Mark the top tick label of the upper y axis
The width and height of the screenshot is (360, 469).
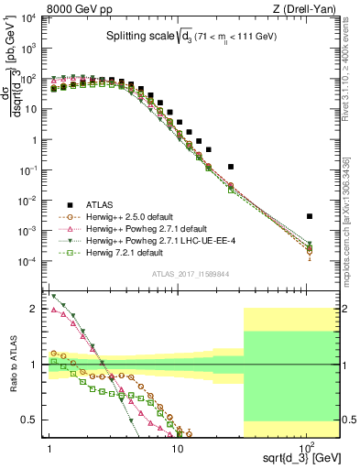(28, 18)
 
